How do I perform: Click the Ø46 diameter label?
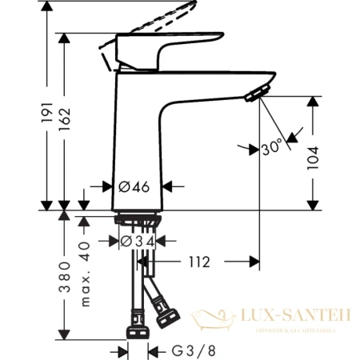134,186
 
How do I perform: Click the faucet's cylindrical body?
142,136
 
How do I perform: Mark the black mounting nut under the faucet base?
138,219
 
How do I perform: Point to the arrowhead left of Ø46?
109,186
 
